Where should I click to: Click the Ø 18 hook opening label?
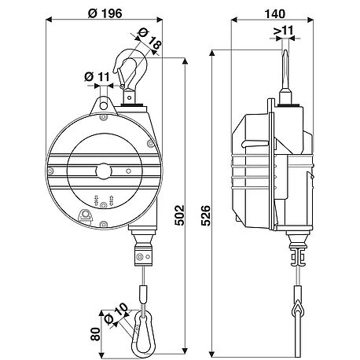pos(149,39)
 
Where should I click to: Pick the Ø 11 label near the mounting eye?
pos(94,75)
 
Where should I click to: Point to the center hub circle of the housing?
pos(102,171)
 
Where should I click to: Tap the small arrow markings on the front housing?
pos(103,201)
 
